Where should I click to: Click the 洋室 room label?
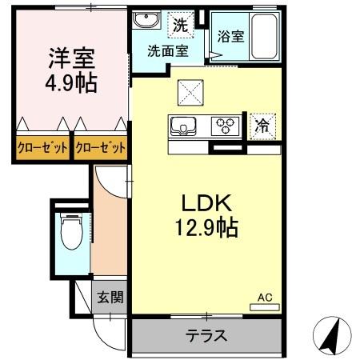click(x=71, y=58)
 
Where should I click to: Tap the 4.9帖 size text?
click(x=71, y=82)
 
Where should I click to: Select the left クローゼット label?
click(x=42, y=147)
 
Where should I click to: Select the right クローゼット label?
click(x=101, y=147)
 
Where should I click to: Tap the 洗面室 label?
click(x=167, y=51)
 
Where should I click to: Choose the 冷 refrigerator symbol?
click(x=262, y=126)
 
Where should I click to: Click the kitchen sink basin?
click(x=182, y=125)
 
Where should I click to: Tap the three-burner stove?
click(x=226, y=126)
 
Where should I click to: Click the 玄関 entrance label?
click(x=110, y=298)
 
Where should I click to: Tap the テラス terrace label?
click(x=206, y=335)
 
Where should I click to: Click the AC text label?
click(x=264, y=297)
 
